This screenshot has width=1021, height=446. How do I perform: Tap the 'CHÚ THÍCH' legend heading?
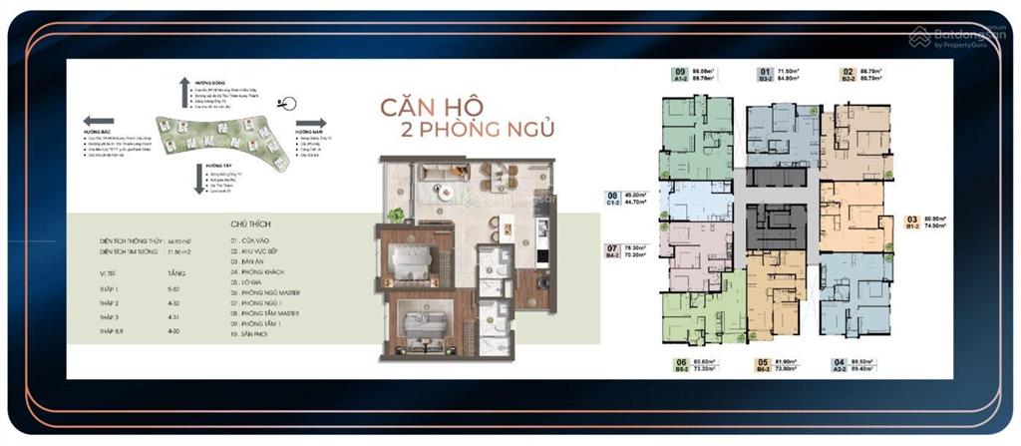click(x=250, y=224)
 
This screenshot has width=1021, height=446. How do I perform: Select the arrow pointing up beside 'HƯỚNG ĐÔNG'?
click(x=184, y=92)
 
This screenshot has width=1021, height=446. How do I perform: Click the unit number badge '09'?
click(x=681, y=72)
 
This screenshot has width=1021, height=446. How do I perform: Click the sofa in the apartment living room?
click(x=436, y=170)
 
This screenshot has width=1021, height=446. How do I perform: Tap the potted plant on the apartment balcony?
click(x=397, y=214)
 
